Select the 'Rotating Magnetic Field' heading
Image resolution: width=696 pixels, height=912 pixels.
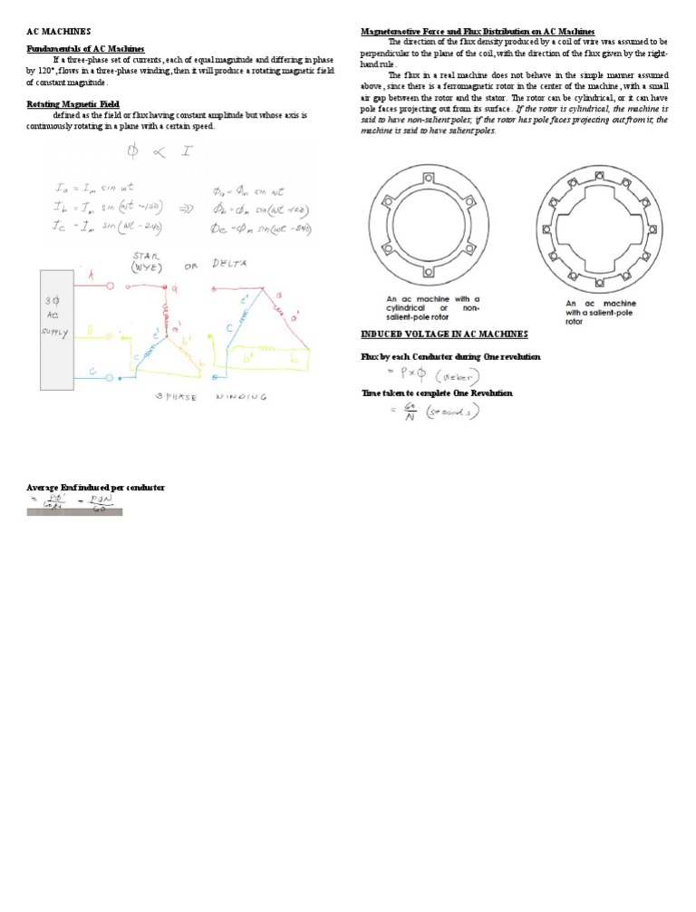(73, 104)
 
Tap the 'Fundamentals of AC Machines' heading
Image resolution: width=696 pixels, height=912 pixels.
(86, 48)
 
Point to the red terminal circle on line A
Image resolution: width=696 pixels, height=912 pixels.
(111, 286)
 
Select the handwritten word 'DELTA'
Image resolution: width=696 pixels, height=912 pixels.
(232, 264)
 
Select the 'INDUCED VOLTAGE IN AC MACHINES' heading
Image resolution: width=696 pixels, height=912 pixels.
(444, 335)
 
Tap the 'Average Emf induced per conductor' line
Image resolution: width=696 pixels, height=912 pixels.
(95, 488)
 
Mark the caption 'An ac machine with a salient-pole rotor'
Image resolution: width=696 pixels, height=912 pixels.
(600, 312)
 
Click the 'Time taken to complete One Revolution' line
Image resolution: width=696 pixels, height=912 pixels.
(437, 393)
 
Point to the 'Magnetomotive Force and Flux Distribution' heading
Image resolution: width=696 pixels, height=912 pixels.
(477, 32)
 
